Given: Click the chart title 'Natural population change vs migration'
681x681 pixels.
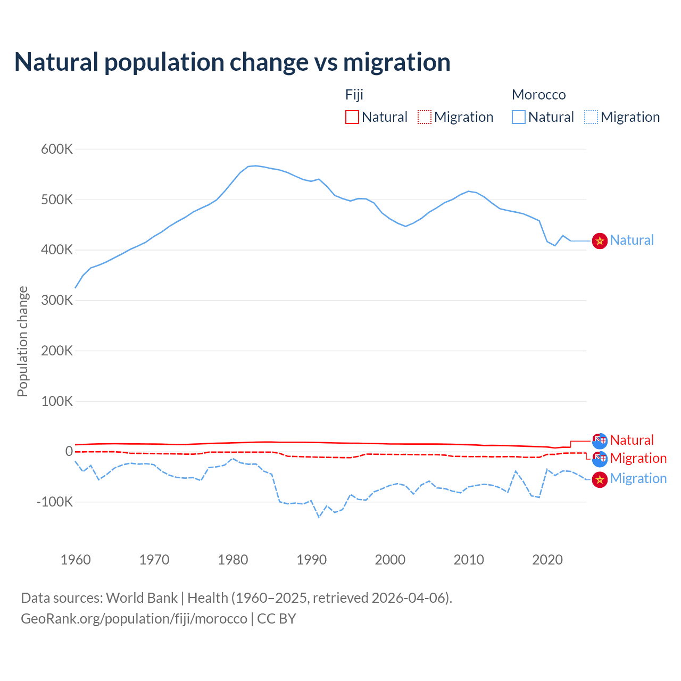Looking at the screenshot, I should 232,62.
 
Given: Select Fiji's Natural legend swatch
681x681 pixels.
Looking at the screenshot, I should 352,117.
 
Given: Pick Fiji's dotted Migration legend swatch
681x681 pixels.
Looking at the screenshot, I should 425,117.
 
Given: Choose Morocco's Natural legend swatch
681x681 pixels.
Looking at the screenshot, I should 519,117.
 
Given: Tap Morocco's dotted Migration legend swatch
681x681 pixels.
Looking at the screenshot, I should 591,117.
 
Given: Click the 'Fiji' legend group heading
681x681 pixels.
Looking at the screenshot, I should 354,95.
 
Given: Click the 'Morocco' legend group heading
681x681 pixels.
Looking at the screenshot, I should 538,95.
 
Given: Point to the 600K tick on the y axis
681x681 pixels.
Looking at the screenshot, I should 57,149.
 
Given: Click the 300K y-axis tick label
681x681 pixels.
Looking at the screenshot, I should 57,300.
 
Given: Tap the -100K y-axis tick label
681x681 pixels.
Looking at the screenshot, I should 54,502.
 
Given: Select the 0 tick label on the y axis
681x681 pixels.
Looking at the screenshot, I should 69,451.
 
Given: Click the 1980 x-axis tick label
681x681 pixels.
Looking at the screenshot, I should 233,560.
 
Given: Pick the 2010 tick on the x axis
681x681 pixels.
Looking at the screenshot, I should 469,560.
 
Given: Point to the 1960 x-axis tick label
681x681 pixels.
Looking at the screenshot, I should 76,560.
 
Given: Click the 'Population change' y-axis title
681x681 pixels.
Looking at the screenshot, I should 22,341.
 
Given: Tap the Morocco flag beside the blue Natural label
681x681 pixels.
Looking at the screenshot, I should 600,241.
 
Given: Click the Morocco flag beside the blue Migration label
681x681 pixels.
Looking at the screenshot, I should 600,479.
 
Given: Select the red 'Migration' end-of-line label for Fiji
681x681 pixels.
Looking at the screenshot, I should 638,458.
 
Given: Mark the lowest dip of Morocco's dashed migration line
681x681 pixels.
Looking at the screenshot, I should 319,517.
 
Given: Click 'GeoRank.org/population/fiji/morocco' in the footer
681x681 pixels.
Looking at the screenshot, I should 134,619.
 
